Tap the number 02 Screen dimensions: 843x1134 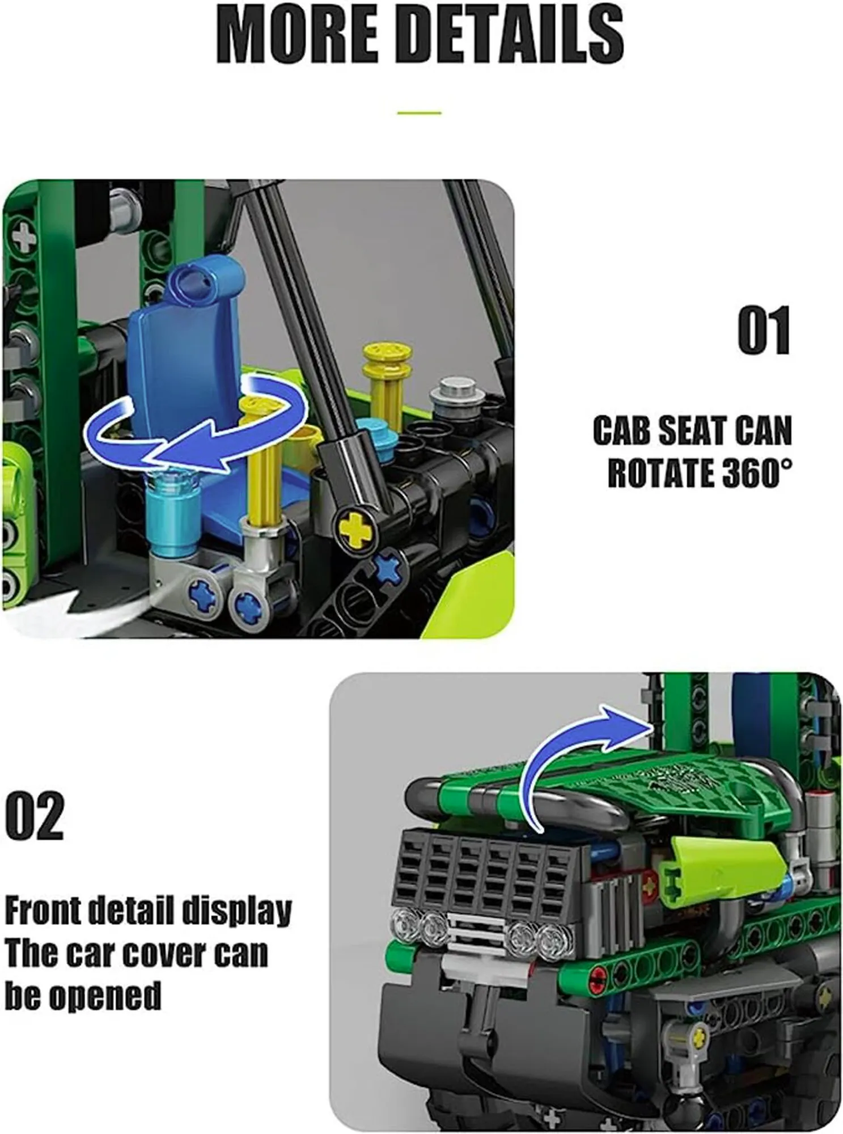click(x=35, y=817)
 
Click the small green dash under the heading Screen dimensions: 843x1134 click(x=419, y=113)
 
